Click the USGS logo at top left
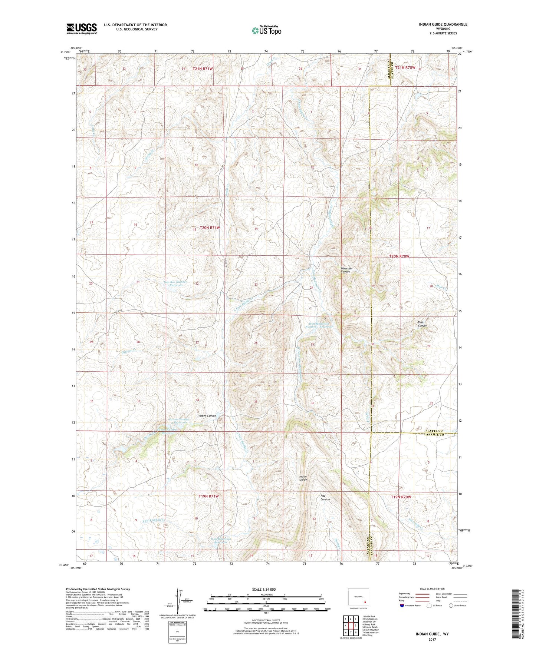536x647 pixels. point(82,29)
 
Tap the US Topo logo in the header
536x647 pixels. point(266,30)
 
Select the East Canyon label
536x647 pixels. point(422,324)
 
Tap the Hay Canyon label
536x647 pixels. point(325,497)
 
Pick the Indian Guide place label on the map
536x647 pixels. point(303,478)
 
